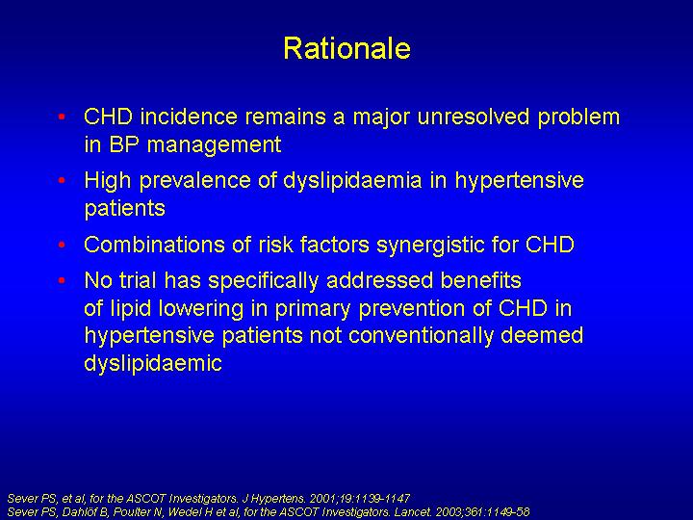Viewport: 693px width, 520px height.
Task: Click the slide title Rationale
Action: (x=346, y=48)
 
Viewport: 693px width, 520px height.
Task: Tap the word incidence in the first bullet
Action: (x=189, y=117)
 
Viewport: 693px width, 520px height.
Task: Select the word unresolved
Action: (x=474, y=117)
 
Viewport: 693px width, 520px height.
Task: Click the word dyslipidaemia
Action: (x=352, y=181)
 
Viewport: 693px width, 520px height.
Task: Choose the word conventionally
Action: (x=421, y=336)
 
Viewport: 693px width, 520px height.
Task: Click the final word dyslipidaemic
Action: (x=153, y=364)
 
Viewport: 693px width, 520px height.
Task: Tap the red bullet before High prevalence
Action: (x=62, y=180)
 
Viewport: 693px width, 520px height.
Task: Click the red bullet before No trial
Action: (x=62, y=280)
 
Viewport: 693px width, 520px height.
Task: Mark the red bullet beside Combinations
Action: (x=62, y=245)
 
